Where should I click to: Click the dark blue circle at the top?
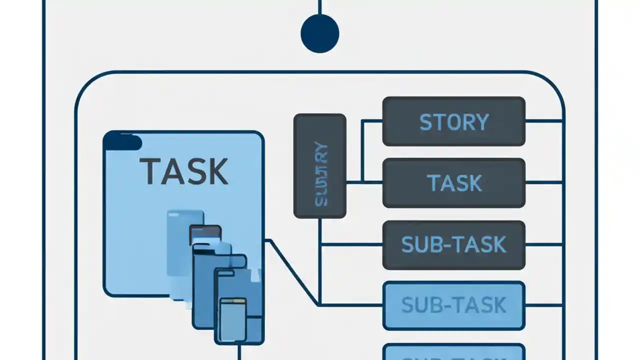coord(320,33)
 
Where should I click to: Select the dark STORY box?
coord(453,121)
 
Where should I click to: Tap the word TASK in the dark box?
coord(454,183)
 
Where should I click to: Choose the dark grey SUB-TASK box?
coord(453,244)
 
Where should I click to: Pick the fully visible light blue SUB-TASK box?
coord(453,305)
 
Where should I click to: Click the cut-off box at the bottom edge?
coord(453,352)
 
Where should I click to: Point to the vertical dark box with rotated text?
coord(320,166)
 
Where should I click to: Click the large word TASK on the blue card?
coord(183,171)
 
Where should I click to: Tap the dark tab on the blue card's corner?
coord(122,141)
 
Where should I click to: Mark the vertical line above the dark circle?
coord(320,7)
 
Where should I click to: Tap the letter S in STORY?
coord(425,122)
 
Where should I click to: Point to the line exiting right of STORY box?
coord(544,121)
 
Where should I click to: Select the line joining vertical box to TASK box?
coord(364,182)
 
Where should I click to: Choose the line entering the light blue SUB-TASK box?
coord(350,304)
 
